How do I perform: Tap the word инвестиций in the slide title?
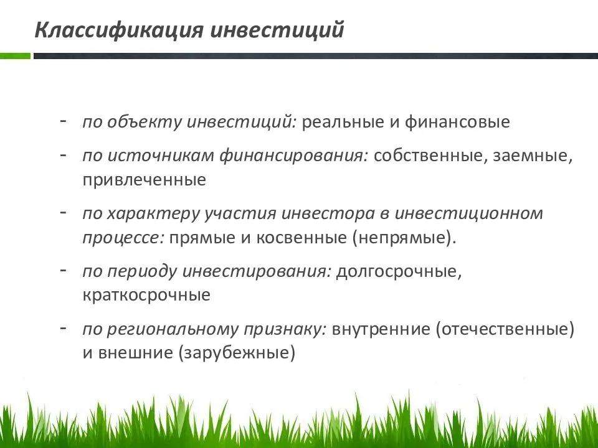pos(277,30)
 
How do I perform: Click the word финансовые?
pos(457,122)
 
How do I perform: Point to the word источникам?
pos(160,156)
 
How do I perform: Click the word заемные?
pos(533,156)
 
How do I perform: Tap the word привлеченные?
pos(144,180)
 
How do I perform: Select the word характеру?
pos(153,214)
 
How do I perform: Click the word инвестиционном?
pos(468,213)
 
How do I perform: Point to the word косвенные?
pos(301,238)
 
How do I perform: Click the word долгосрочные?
pos(399,272)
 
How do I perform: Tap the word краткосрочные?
pos(146,296)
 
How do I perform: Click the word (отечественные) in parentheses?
pos(505,329)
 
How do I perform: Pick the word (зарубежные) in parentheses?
pos(237,353)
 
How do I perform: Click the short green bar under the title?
pos(15,56)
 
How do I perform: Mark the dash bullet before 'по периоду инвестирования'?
pos(64,270)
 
